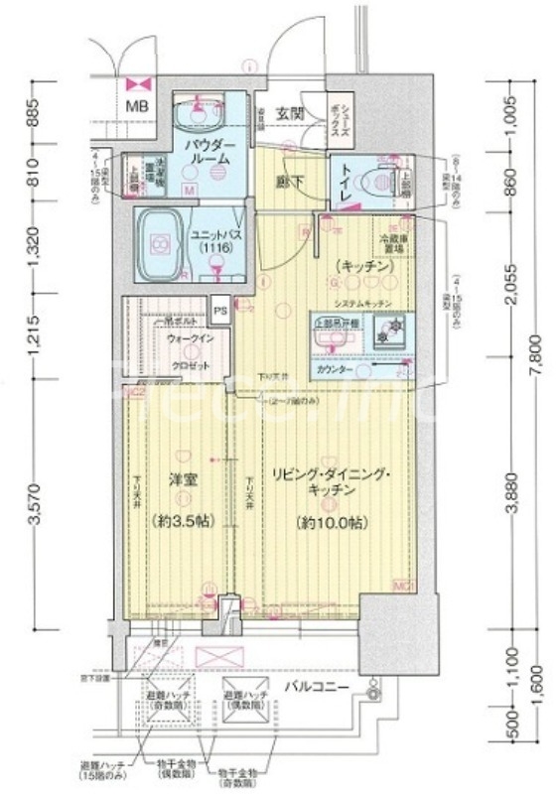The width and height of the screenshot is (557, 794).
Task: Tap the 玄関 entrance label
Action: (x=289, y=111)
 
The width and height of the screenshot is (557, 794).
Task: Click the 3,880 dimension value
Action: (x=510, y=506)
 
